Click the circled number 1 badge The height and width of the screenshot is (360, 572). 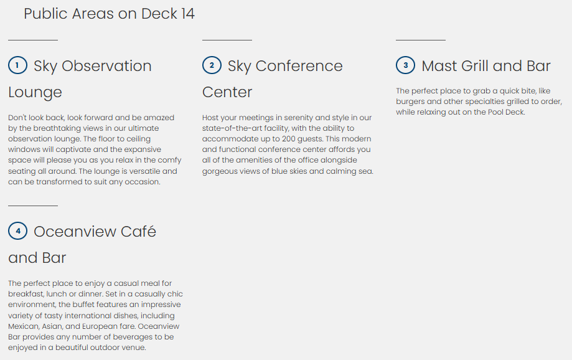tap(17, 65)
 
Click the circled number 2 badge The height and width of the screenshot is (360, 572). tap(212, 65)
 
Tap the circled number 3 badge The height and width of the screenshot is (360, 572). tap(405, 65)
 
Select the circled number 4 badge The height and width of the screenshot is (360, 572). tap(17, 231)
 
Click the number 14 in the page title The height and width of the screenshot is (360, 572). tap(187, 14)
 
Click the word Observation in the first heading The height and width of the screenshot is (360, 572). tap(106, 66)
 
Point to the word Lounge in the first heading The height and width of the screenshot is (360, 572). tap(35, 93)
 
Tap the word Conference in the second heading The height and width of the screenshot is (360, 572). tap(299, 66)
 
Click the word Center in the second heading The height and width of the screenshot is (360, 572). tap(227, 92)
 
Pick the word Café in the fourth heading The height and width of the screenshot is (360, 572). tap(138, 232)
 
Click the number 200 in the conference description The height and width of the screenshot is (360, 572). tap(288, 139)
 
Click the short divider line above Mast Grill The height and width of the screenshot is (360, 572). tap(421, 40)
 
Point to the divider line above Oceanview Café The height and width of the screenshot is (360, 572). tap(33, 206)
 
